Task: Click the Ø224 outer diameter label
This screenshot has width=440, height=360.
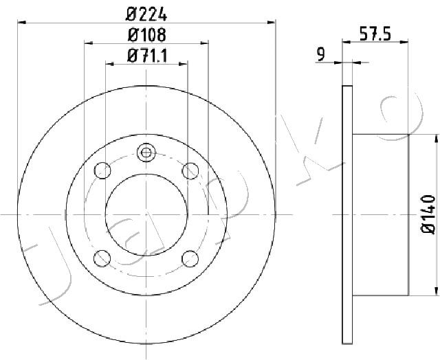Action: tap(146, 14)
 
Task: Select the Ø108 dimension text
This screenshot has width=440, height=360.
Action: tap(146, 35)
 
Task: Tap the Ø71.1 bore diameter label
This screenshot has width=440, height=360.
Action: tap(146, 56)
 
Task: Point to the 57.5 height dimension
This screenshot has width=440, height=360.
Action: tap(375, 34)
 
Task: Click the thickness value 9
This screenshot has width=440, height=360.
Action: tap(320, 55)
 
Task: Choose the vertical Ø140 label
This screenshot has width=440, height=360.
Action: tap(428, 214)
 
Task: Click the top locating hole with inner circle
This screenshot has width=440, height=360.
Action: tap(146, 153)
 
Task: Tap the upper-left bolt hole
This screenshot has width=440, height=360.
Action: tap(102, 170)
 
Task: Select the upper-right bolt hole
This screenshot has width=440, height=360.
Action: tap(190, 170)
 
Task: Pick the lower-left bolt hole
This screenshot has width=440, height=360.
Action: tap(102, 258)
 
